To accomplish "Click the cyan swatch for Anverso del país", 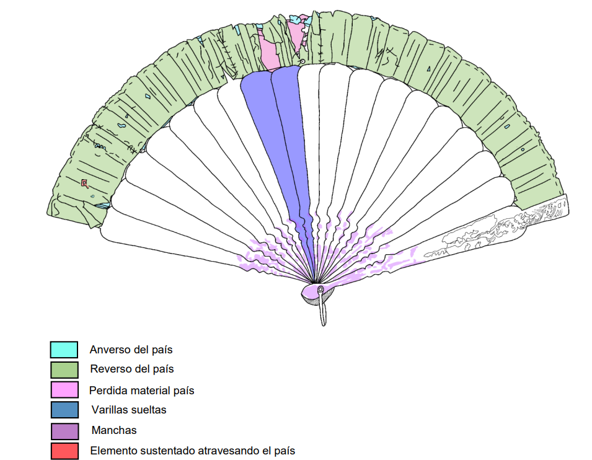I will click(64, 350).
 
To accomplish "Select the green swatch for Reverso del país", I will click(64, 369).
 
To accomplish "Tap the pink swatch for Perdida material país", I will click(64, 390).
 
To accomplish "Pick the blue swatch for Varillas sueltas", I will click(64, 410).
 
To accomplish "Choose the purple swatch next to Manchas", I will click(64, 430).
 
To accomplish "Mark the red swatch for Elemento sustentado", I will click(64, 451).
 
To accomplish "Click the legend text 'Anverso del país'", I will click(131, 350).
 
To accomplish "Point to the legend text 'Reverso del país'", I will click(131, 369).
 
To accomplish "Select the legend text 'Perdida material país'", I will click(141, 391).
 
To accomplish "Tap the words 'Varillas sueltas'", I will click(128, 410).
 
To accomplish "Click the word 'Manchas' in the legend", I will click(114, 430).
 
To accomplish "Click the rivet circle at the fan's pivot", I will click(320, 290).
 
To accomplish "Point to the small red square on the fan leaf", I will click(84, 183).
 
